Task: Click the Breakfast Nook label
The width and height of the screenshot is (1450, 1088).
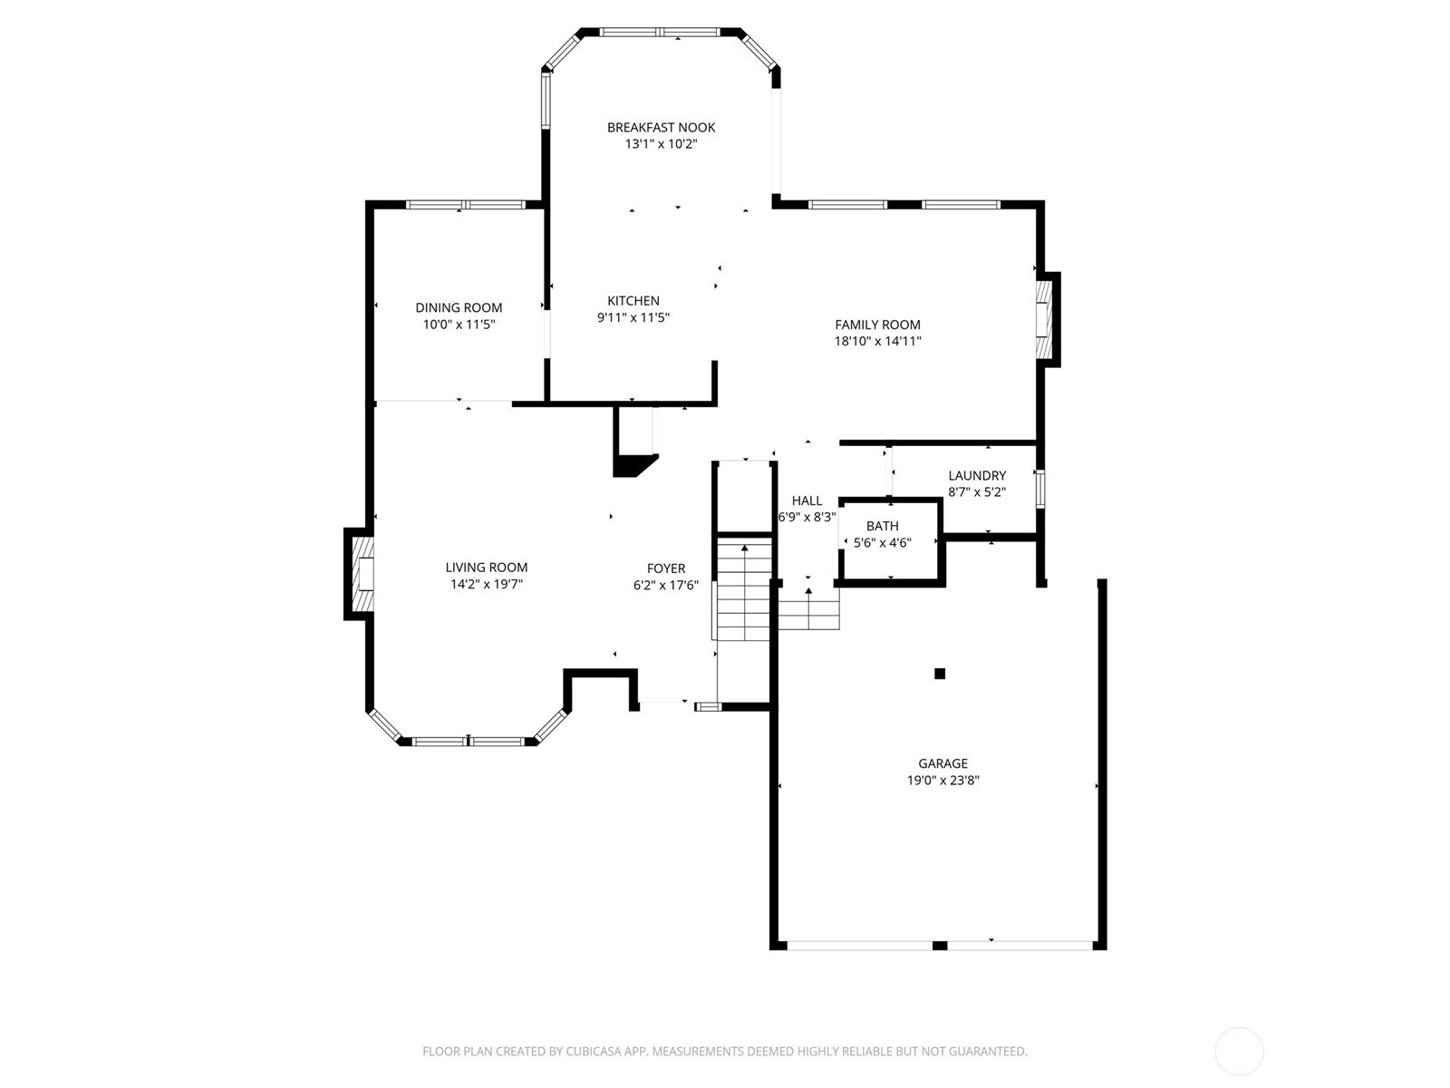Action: click(661, 128)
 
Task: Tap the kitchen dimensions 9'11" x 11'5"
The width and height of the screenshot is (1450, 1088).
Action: click(633, 318)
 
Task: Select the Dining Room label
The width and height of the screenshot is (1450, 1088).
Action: click(459, 308)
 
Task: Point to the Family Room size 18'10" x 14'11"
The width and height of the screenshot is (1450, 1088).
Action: click(877, 342)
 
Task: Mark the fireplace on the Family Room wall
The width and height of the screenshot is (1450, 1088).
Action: click(1047, 319)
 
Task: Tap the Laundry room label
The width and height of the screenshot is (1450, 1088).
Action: click(977, 476)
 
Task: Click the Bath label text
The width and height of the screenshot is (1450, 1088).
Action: click(882, 527)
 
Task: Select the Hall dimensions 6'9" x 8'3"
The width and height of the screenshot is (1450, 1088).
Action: click(807, 518)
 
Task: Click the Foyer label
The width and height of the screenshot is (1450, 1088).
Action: click(665, 569)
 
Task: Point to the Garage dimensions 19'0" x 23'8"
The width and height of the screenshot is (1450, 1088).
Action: click(942, 781)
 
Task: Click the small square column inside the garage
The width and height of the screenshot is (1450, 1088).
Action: click(940, 674)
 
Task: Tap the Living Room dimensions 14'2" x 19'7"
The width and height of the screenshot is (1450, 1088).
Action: click(487, 585)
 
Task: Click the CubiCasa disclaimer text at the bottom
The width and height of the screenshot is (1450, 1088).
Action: click(724, 1052)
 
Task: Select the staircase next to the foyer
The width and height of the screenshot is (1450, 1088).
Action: click(743, 589)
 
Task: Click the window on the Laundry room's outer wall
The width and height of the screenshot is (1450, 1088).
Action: click(1040, 487)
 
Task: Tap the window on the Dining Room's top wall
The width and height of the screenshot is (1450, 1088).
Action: click(465, 205)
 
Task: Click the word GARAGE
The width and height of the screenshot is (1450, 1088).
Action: click(942, 764)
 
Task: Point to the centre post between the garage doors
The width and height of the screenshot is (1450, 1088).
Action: click(940, 946)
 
